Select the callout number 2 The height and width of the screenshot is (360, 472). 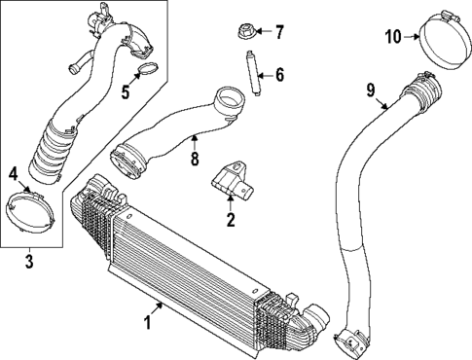pos(231,221)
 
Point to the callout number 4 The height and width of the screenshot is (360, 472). pos(14,175)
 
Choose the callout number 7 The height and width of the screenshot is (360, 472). pos(278,32)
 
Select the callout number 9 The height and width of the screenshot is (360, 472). pos(370,91)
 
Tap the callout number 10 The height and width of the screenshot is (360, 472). pos(392,37)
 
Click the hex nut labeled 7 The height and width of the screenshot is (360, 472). pos(245,32)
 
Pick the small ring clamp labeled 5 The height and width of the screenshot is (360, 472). pos(148,69)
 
